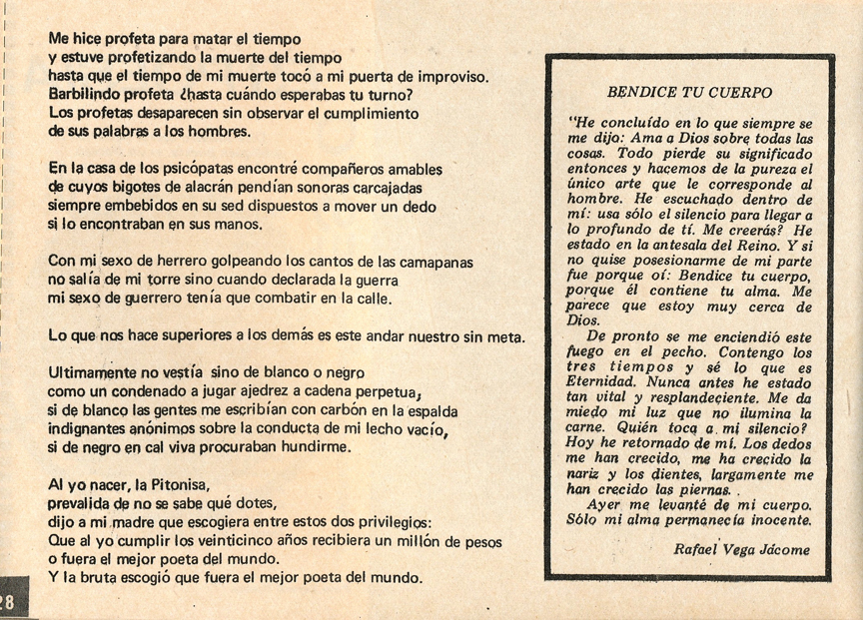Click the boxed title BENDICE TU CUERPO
[689, 93]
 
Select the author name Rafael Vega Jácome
[742, 549]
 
